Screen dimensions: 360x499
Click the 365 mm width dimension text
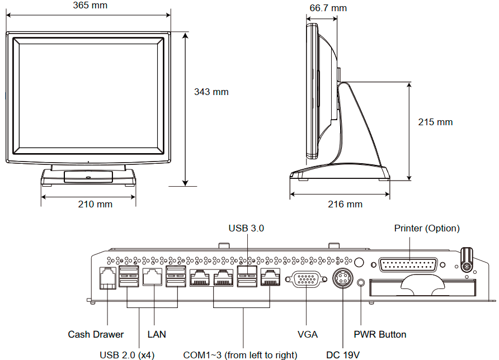tap(90, 6)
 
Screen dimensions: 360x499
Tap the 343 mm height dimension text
tap(211, 92)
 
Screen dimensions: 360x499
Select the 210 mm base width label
tap(95, 204)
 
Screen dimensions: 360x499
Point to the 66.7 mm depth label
tap(328, 8)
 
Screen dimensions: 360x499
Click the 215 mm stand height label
tap(435, 122)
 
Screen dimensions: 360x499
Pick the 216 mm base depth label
tap(345, 204)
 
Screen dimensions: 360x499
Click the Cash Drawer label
tap(96, 334)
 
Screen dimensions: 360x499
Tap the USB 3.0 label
tap(246, 228)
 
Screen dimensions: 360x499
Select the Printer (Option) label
tap(427, 228)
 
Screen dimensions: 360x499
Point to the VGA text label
tap(307, 334)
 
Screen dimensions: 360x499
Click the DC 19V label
tap(342, 354)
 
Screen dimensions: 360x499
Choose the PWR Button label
tap(380, 334)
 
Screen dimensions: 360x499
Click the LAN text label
tap(157, 334)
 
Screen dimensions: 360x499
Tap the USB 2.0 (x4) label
tap(127, 354)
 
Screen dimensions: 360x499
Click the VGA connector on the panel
tap(305, 279)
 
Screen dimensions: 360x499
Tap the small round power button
tap(361, 283)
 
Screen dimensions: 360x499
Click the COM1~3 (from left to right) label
tap(240, 354)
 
